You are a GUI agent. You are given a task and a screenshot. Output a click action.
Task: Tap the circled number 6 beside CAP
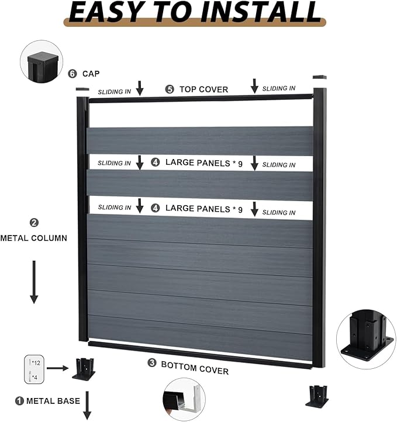click(72, 74)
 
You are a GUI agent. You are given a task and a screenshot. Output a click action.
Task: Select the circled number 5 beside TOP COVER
click(170, 89)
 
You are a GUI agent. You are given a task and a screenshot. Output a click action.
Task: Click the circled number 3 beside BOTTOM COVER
click(152, 363)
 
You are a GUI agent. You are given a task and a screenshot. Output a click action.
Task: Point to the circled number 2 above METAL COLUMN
click(33, 223)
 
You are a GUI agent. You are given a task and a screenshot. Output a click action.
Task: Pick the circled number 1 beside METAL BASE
click(19, 401)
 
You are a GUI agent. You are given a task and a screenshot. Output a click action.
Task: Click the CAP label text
click(91, 74)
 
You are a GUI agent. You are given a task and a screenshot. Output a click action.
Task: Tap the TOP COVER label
click(203, 89)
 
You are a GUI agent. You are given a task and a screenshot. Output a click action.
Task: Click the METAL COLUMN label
click(33, 238)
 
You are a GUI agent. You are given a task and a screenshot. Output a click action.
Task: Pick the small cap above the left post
click(82, 89)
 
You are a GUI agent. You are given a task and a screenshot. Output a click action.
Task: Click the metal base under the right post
click(317, 395)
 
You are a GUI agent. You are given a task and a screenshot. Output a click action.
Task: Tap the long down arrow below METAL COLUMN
click(34, 282)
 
